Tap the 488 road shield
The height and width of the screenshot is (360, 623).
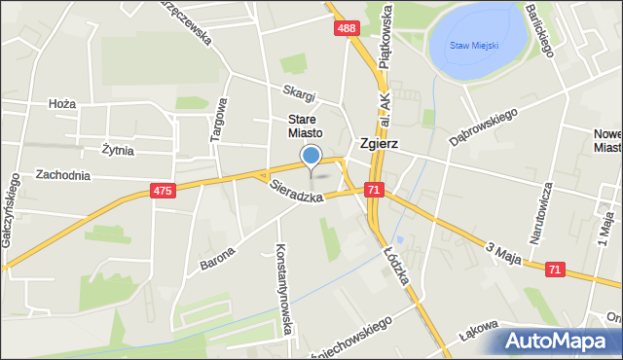tap(347, 29)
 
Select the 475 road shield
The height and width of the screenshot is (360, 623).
tap(163, 192)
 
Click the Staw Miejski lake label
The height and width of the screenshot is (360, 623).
tap(474, 45)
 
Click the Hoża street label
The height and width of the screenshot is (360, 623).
tap(61, 103)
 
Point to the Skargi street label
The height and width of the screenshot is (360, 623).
tap(300, 94)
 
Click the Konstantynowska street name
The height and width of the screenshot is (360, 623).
tap(284, 288)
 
